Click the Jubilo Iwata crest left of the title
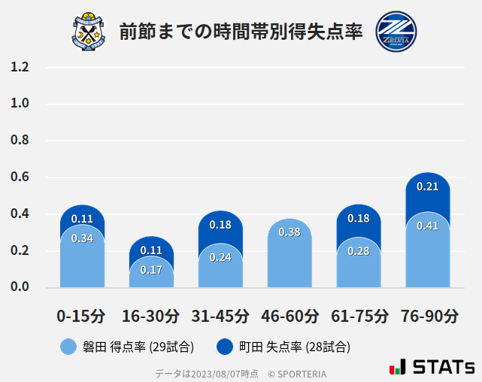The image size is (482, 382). click(89, 32)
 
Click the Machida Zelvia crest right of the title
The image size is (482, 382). click(396, 32)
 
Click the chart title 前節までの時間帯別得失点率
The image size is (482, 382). click(241, 32)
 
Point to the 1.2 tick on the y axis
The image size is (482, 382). click(20, 67)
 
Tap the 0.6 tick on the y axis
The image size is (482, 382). click(20, 177)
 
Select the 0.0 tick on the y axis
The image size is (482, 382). click(20, 287)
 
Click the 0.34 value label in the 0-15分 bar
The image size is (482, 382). click(82, 238)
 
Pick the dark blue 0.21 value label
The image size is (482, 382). click(427, 186)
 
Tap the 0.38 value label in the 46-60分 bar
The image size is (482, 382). click(290, 232)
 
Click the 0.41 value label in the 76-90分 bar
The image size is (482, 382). click(427, 226)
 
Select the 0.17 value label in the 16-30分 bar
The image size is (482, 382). click(151, 269)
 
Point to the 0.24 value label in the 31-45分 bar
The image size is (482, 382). click(220, 257)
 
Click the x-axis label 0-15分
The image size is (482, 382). click(82, 316)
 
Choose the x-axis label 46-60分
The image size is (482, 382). click(290, 316)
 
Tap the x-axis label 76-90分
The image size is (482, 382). click(428, 316)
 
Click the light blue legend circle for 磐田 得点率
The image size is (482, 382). click(68, 347)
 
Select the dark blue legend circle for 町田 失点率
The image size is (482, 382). click(224, 347)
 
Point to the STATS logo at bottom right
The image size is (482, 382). click(432, 367)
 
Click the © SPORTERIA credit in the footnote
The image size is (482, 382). click(297, 374)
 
